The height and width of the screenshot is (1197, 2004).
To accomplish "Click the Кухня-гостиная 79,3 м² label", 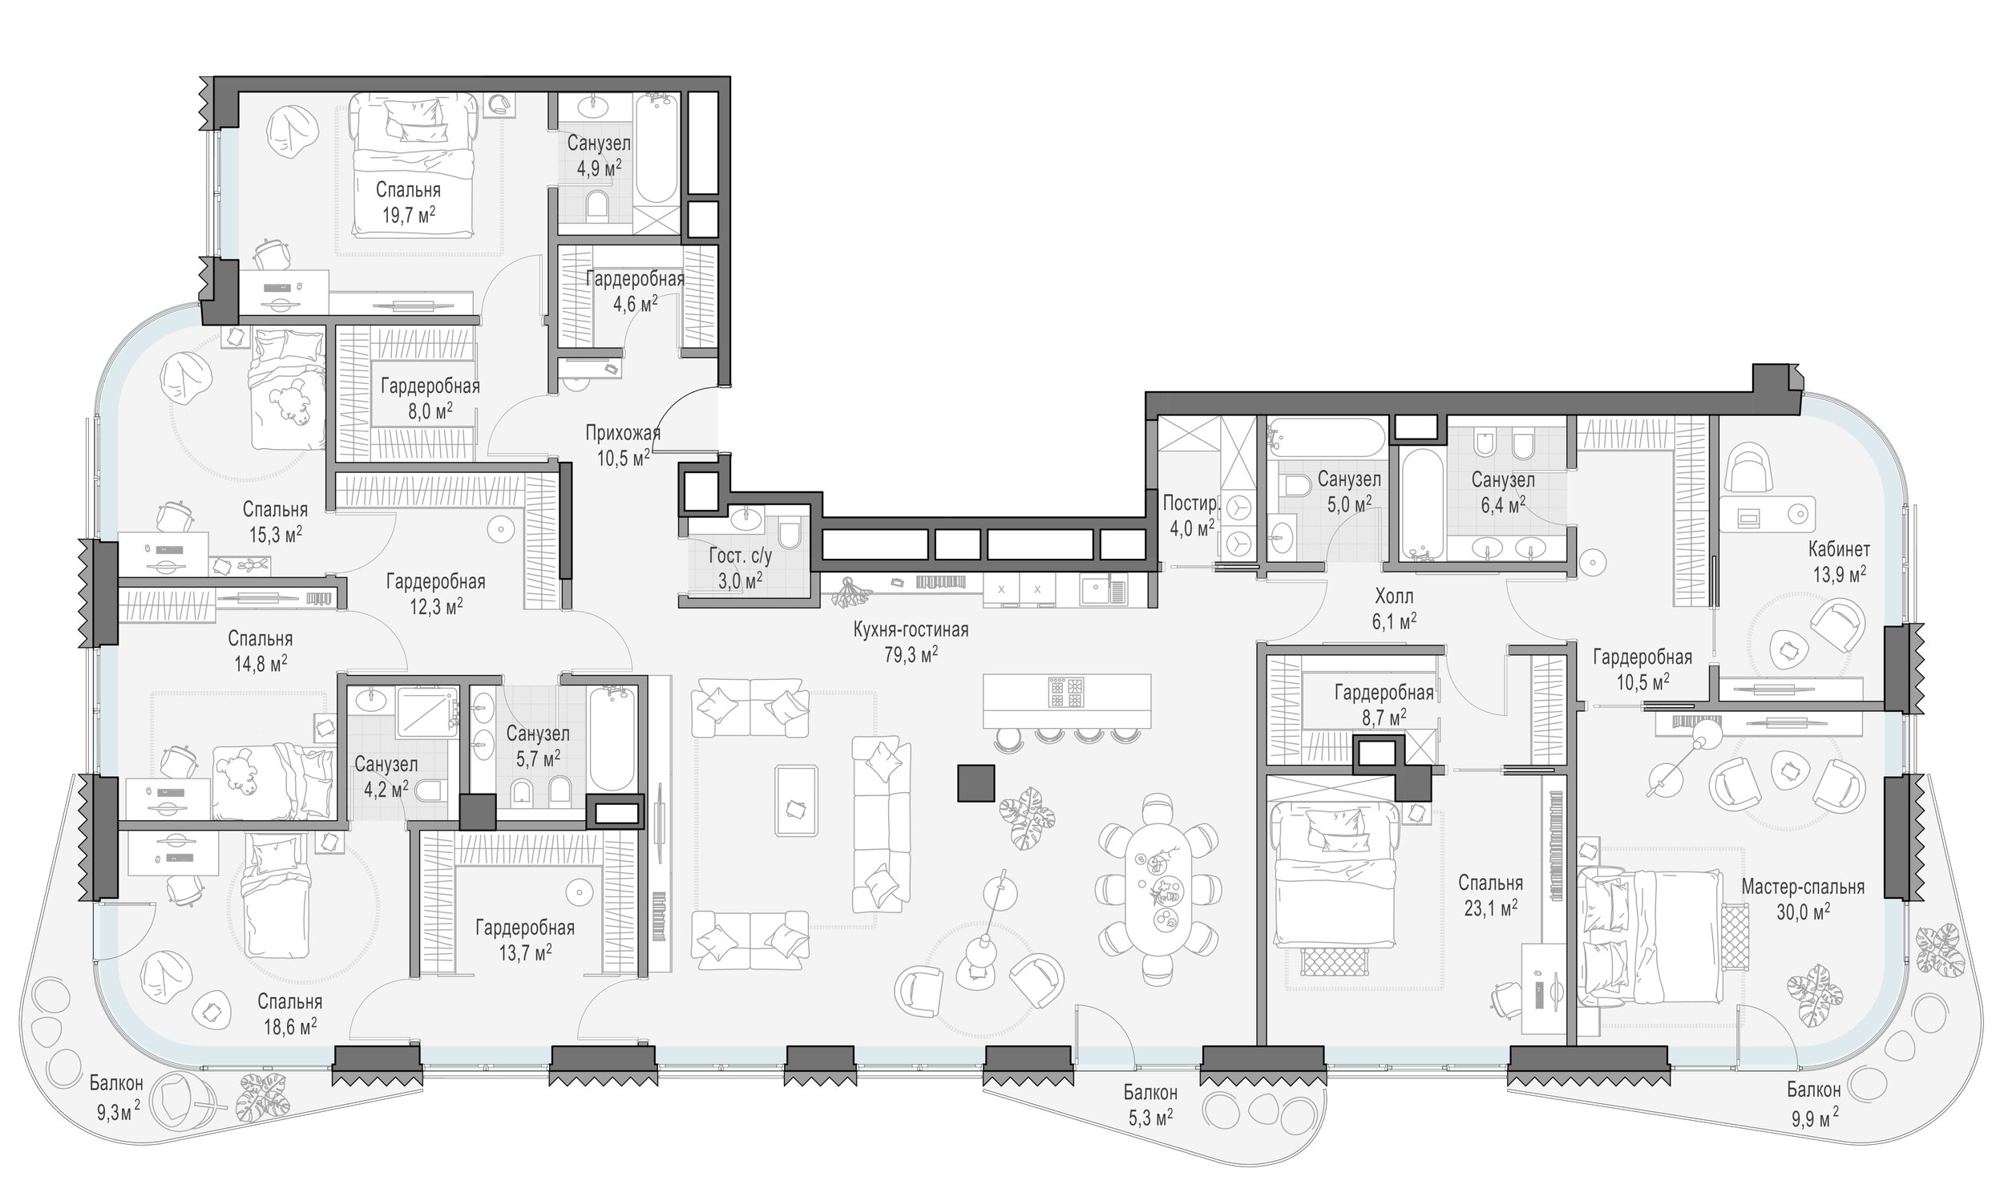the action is click(x=911, y=642).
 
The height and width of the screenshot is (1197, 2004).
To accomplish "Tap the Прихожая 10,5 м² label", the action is click(x=624, y=446).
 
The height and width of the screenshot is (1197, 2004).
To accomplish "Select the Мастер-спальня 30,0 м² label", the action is click(x=1803, y=900).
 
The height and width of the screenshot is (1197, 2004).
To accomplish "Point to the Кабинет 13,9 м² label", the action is click(x=1839, y=562).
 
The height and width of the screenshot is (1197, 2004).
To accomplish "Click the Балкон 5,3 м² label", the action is click(x=1150, y=1105).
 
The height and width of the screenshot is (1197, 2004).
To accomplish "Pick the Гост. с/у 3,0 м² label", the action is click(x=741, y=568).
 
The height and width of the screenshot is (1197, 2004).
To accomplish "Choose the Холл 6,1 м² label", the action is click(x=1394, y=609).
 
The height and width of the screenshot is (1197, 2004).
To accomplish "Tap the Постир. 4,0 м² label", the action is click(x=1190, y=516).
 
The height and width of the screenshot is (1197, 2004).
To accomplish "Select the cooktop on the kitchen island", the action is click(x=1066, y=692).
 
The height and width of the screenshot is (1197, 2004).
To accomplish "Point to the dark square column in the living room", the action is click(x=976, y=783).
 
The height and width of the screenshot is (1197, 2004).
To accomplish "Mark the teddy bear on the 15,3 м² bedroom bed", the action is click(x=289, y=401).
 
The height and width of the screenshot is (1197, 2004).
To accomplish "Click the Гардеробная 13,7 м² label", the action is click(x=525, y=940).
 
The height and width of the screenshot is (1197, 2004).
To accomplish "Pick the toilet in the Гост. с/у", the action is click(x=790, y=536).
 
